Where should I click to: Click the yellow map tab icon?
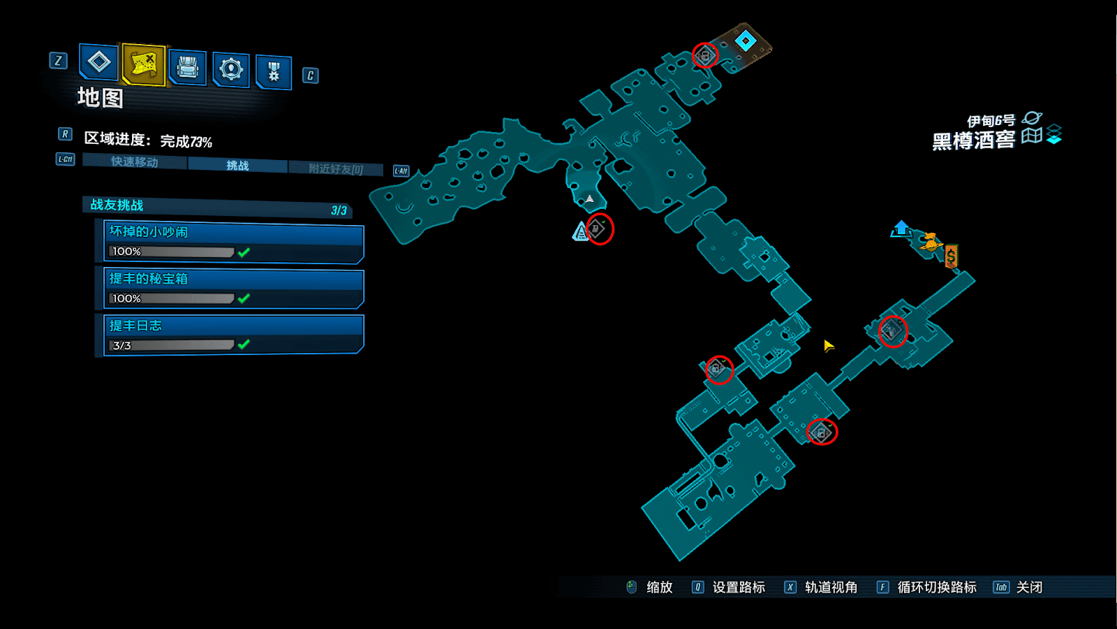(144, 64)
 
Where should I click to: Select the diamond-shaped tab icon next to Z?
(99, 62)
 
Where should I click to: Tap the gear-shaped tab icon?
(230, 68)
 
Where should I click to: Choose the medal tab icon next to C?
(274, 71)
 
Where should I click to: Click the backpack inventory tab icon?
(187, 67)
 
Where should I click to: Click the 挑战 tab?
(237, 166)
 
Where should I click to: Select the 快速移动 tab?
(135, 162)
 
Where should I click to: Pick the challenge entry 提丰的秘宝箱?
(233, 288)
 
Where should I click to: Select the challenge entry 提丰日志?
(233, 335)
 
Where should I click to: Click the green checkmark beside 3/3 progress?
(244, 345)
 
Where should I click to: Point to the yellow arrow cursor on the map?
(828, 346)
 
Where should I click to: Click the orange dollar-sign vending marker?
(951, 256)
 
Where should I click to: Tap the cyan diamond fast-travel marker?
(746, 41)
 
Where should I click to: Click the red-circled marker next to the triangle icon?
(599, 229)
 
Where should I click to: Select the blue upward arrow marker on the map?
(901, 228)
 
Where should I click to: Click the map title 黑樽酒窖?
(973, 140)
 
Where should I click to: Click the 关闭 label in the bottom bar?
(1029, 587)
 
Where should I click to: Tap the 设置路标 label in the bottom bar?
(739, 587)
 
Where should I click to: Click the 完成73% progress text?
(186, 141)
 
